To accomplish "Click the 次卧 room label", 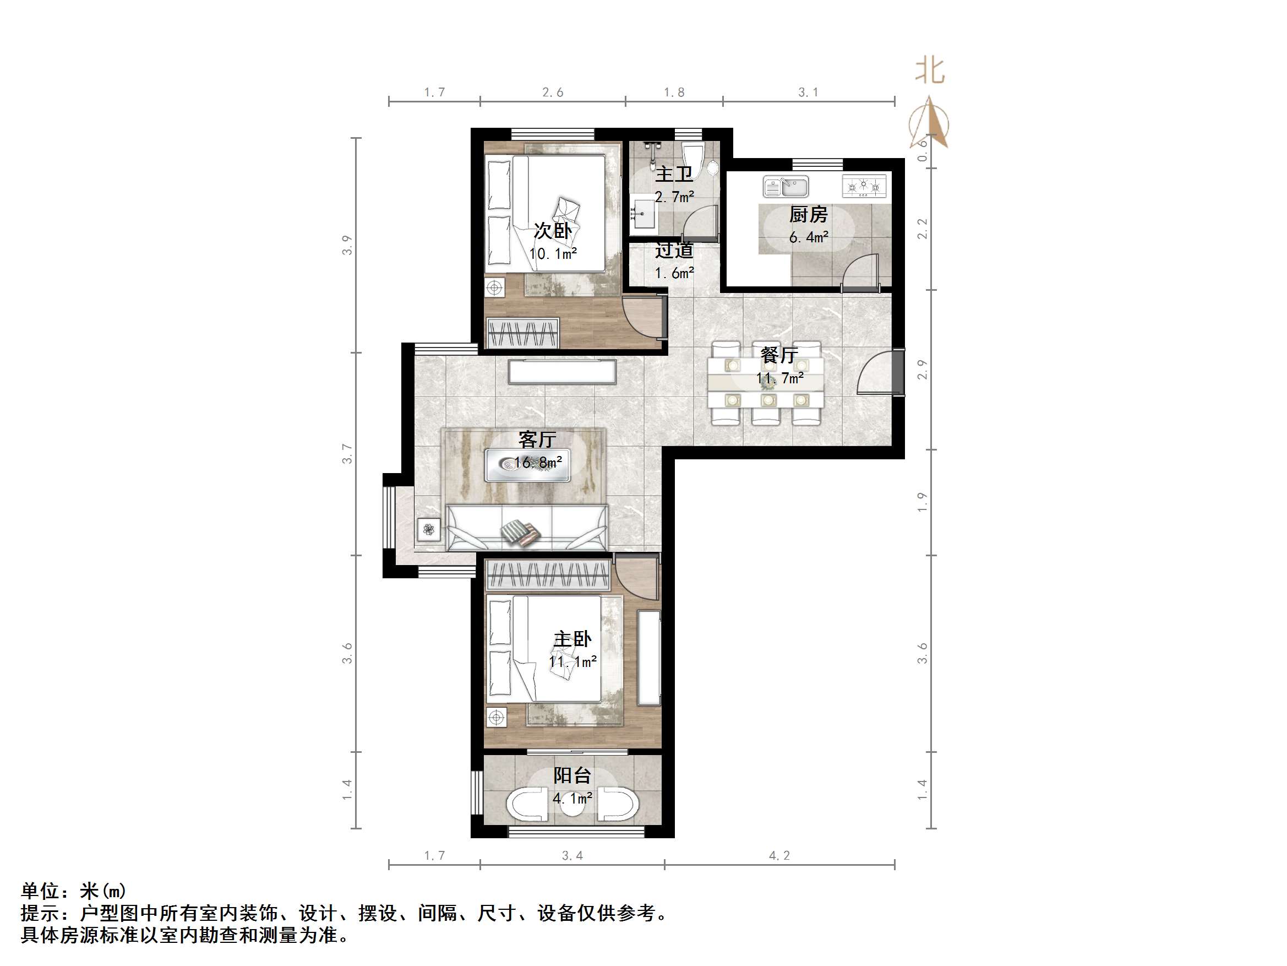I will click(x=552, y=231).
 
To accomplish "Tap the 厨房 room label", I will click(x=808, y=215).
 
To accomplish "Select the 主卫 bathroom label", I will click(x=674, y=174).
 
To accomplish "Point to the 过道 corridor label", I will click(x=674, y=251).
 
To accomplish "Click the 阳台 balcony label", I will click(x=572, y=775).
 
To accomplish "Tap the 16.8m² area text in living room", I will click(x=537, y=463).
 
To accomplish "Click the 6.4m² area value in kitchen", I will click(x=808, y=237).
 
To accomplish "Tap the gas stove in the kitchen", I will click(x=864, y=186).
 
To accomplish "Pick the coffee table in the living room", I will click(x=527, y=465).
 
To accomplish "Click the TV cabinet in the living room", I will click(x=562, y=372).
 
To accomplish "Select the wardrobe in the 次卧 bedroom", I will click(x=522, y=334).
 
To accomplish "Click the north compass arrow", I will click(x=929, y=123).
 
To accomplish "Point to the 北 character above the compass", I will click(x=929, y=70).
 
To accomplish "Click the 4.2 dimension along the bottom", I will click(x=779, y=855).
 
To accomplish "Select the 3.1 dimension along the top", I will click(x=808, y=92).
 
